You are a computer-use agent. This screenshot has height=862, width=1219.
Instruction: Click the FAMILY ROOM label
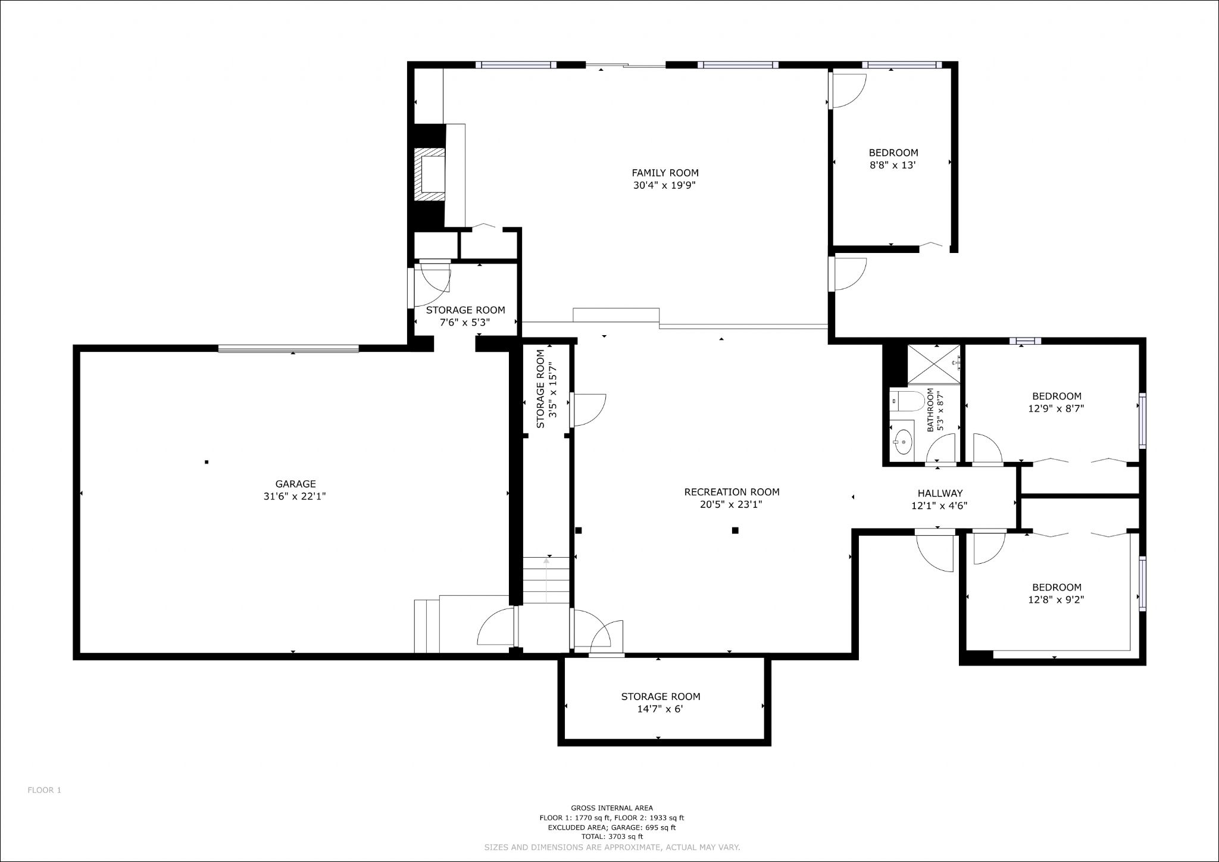click(x=665, y=173)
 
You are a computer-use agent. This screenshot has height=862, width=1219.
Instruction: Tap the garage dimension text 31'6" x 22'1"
click(x=295, y=496)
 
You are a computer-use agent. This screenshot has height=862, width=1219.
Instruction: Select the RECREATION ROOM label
click(x=732, y=492)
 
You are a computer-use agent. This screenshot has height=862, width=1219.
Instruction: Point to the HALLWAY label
click(x=940, y=494)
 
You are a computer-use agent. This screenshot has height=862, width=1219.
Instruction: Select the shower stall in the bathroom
click(x=933, y=364)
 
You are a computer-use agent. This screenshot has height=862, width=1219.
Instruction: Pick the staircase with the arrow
click(x=547, y=580)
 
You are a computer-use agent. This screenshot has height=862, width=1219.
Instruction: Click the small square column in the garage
click(x=207, y=462)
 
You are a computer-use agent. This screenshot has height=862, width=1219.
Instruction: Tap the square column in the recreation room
click(x=735, y=530)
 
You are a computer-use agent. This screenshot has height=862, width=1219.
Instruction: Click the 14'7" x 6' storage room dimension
click(x=660, y=709)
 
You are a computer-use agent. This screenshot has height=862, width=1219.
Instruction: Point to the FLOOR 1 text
click(x=45, y=791)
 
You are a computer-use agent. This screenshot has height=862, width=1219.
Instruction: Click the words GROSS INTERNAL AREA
click(x=612, y=808)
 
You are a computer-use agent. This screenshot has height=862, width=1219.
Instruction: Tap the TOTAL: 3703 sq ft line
click(x=612, y=836)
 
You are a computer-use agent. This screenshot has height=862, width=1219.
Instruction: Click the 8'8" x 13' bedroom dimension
click(x=892, y=165)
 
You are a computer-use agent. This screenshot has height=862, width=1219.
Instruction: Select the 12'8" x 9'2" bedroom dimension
click(x=1056, y=600)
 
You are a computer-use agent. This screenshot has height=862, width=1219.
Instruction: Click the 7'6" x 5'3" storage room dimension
click(x=465, y=323)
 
